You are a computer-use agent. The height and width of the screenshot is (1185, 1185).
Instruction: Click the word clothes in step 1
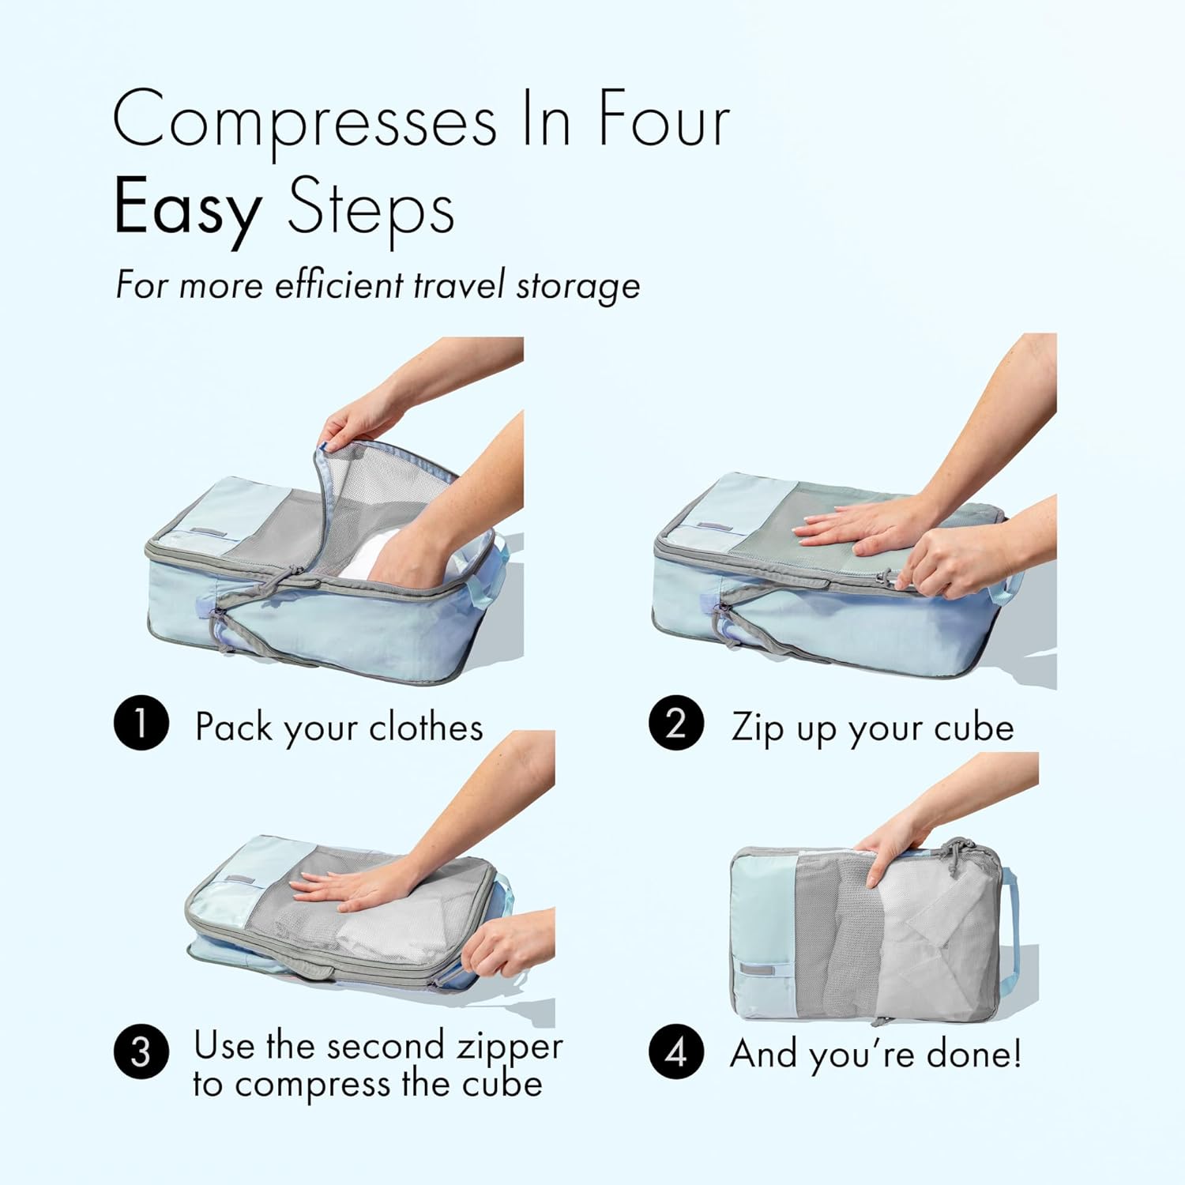426,727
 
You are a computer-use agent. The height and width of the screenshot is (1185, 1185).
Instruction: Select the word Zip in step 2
756,727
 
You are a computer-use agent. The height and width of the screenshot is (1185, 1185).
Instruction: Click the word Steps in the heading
371,209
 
